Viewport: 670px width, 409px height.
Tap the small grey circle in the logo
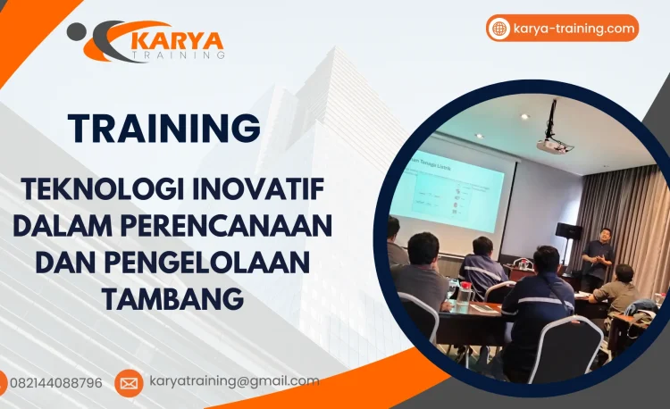[x=78, y=31]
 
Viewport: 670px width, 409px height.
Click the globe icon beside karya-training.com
[x=499, y=29]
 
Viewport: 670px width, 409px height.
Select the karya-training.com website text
[x=574, y=29]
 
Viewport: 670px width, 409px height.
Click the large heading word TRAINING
[x=164, y=129]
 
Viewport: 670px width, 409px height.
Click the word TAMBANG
[x=172, y=299]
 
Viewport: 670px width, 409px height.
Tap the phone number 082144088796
[x=55, y=383]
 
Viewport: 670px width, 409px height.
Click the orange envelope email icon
[x=129, y=383]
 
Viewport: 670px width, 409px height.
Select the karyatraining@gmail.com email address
[x=233, y=381]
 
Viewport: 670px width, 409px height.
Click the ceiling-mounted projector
[x=553, y=143]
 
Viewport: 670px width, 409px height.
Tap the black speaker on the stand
[x=568, y=230]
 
